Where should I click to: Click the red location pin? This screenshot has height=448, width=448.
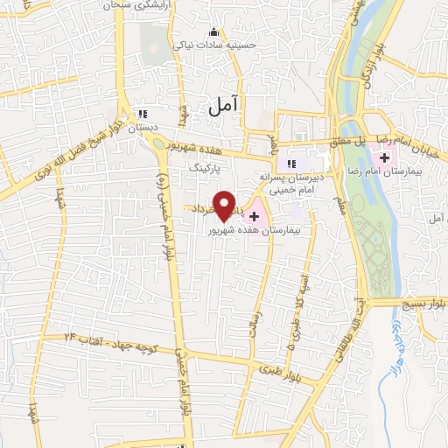pyautogui.click(x=225, y=206)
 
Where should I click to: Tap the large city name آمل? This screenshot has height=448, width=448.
pyautogui.click(x=223, y=106)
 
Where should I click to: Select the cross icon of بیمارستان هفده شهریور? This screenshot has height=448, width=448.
pyautogui.click(x=254, y=215)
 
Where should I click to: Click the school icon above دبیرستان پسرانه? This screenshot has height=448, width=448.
pyautogui.click(x=292, y=163)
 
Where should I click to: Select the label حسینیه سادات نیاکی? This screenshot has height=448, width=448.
pyautogui.click(x=205, y=42)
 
